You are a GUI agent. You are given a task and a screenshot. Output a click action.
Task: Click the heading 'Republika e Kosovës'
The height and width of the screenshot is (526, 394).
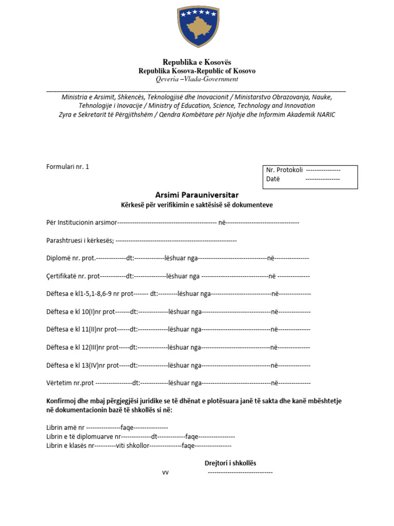(x=196, y=62)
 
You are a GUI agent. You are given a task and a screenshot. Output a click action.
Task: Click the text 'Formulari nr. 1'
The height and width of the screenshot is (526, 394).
(x=67, y=166)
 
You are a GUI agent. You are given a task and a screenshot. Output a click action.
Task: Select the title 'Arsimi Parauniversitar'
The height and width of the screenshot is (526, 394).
(x=196, y=195)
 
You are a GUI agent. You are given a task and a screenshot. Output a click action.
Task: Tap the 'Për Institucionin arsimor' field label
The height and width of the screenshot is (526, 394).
(x=82, y=222)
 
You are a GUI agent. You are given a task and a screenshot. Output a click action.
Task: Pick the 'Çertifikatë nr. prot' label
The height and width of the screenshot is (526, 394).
(x=72, y=276)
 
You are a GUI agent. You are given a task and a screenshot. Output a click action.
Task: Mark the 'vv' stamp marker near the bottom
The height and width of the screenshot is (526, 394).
(x=165, y=473)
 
